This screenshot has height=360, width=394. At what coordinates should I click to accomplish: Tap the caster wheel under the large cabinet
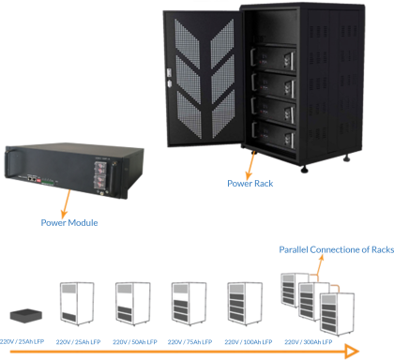[x=345, y=157]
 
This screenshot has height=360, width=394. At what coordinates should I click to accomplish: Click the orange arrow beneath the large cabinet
[x=250, y=169]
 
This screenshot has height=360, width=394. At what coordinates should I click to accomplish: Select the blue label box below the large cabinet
[x=266, y=187]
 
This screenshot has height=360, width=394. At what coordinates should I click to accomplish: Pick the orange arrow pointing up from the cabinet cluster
[x=321, y=263]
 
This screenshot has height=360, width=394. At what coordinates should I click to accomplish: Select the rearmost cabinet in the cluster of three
[x=294, y=291]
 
